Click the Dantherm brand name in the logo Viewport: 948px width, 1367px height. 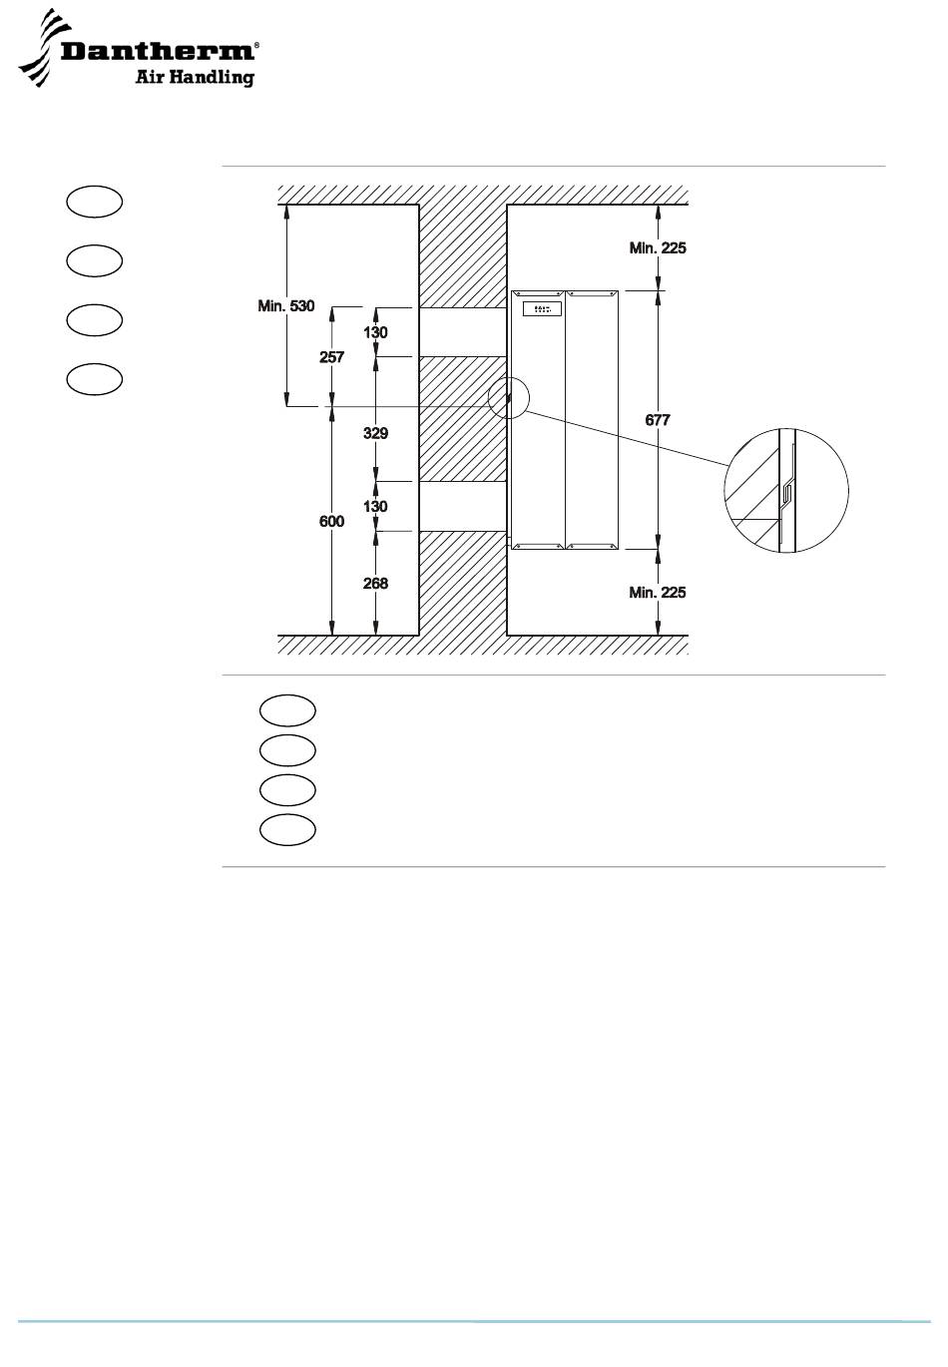158,51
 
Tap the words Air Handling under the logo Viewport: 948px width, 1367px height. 195,78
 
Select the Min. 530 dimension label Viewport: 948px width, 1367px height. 285,305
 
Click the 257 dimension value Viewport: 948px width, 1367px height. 331,357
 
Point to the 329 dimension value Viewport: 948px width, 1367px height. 375,433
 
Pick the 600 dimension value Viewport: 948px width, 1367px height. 331,521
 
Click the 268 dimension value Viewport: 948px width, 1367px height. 375,584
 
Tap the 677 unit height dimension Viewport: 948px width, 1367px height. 658,420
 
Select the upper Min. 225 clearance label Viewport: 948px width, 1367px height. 658,247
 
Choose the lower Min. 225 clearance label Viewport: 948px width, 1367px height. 658,593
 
